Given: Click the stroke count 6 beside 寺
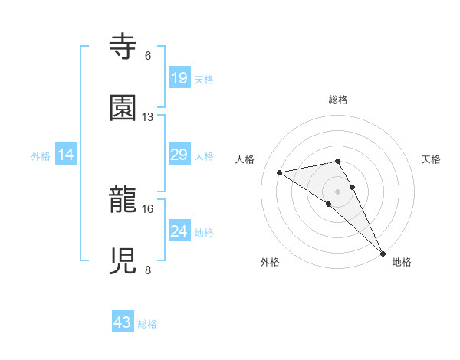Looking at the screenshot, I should (x=148, y=55).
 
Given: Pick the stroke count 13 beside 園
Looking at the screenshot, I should (x=148, y=116).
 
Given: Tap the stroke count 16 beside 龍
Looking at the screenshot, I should (x=148, y=208).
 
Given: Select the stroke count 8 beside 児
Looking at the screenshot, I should (x=148, y=270).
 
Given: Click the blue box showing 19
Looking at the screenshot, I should (x=179, y=78).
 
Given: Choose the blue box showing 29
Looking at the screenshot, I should (x=179, y=155).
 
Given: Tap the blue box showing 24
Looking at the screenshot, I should (x=179, y=231).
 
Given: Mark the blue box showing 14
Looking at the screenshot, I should (x=67, y=155).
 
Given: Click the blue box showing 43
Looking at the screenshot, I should (x=123, y=322).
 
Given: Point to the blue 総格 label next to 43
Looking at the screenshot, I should (x=147, y=324).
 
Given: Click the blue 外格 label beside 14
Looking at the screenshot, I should (x=41, y=156).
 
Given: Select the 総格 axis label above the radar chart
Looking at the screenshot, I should (x=338, y=100).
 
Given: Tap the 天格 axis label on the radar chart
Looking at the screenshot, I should (x=432, y=159).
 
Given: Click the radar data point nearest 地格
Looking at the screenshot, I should (x=383, y=253).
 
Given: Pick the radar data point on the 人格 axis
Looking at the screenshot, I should (x=280, y=172).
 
